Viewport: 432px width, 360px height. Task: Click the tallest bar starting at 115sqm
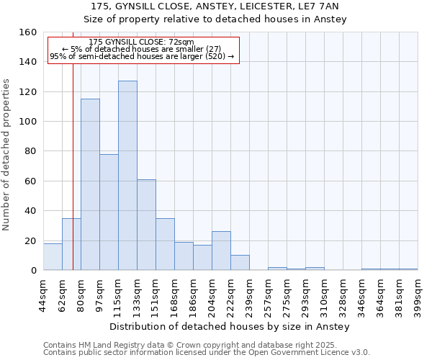pyautogui.click(x=127, y=176)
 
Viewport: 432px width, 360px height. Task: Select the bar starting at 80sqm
pyautogui.click(x=90, y=184)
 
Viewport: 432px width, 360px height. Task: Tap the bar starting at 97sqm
pyautogui.click(x=109, y=212)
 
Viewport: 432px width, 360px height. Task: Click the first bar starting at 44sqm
pyautogui.click(x=53, y=257)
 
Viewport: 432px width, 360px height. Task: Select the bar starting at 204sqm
pyautogui.click(x=221, y=251)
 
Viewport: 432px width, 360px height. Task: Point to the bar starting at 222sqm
pyautogui.click(x=240, y=263)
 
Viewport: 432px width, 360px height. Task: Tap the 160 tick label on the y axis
pyautogui.click(x=28, y=32)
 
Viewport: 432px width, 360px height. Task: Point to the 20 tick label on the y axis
pyautogui.click(x=31, y=240)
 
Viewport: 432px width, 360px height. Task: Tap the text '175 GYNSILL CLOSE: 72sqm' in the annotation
pyautogui.click(x=142, y=42)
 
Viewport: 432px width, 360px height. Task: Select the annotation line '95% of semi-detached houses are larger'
pyautogui.click(x=142, y=56)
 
